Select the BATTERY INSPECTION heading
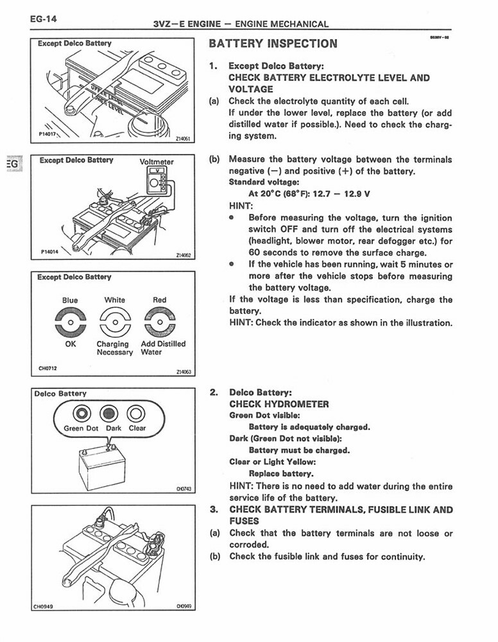273,44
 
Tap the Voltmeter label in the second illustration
157,162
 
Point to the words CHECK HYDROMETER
279,404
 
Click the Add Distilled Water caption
163,348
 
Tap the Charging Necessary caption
114,348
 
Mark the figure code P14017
49,134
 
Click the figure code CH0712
48,369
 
